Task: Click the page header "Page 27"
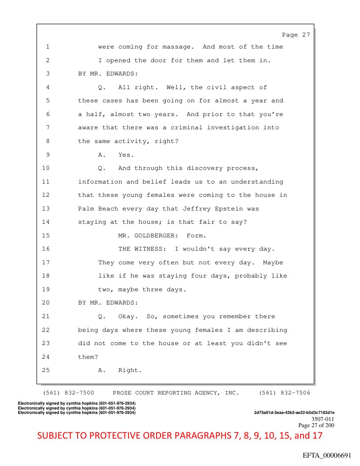pyautogui.click(x=296, y=35)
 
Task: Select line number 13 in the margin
pyautogui.click(x=46, y=208)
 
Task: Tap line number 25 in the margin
pyautogui.click(x=46, y=370)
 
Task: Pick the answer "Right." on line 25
pyautogui.click(x=130, y=370)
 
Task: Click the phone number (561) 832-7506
pyautogui.click(x=285, y=393)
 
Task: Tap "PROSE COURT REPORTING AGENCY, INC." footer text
pyautogui.click(x=176, y=393)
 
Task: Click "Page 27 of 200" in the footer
pyautogui.click(x=316, y=425)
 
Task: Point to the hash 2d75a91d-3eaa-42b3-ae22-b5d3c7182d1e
pyautogui.click(x=294, y=413)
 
